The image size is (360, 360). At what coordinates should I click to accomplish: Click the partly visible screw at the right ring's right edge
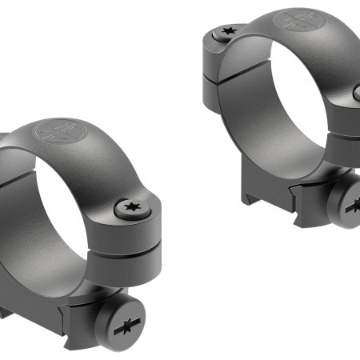point(356,94)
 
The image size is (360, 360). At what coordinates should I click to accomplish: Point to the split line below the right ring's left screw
point(216,78)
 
